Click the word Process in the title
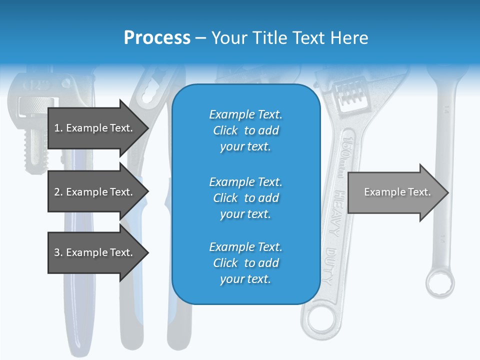(x=157, y=38)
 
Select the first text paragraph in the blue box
(x=245, y=130)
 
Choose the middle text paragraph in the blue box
(x=245, y=198)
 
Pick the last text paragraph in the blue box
(x=245, y=263)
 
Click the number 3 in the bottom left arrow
(x=57, y=252)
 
